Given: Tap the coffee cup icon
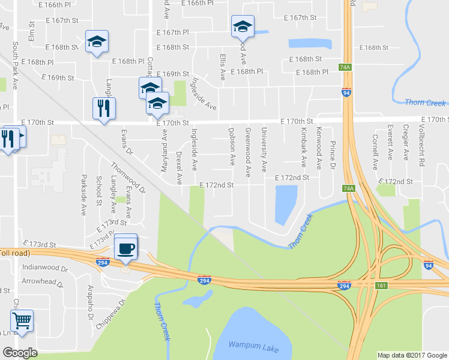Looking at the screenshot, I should click(125, 247).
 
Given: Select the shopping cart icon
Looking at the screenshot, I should click(22, 320).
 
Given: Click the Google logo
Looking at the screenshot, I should click(20, 353).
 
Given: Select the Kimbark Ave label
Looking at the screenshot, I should click(303, 146).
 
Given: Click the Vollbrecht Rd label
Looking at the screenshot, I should click(422, 144).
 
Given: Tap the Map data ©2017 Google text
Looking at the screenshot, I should click(412, 355).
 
